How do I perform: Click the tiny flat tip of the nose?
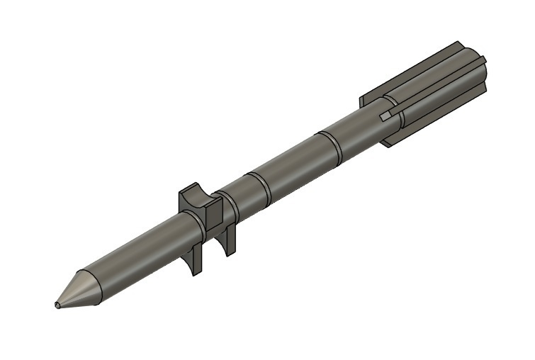(57, 305)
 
